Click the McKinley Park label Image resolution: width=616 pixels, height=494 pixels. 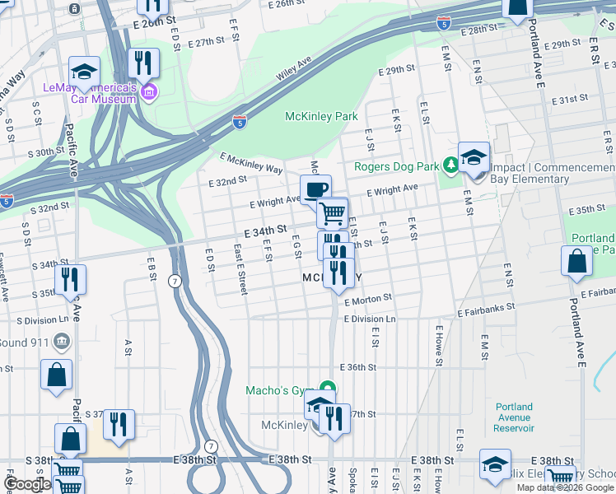[x=321, y=116]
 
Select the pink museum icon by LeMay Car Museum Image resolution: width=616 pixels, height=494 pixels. [x=148, y=90]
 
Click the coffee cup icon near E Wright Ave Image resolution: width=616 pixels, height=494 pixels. [x=315, y=190]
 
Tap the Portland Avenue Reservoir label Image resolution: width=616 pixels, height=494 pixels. [x=515, y=417]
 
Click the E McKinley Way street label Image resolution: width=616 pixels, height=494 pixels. [x=251, y=163]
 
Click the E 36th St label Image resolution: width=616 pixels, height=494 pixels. [x=357, y=367]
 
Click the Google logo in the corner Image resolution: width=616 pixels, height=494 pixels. [x=27, y=484]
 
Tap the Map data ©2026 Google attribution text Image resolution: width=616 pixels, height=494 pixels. [x=564, y=487]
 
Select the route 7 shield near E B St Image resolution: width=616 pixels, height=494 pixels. [x=175, y=281]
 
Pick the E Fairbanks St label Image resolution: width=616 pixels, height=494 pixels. [x=486, y=305]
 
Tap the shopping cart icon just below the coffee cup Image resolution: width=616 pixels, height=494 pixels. [x=333, y=212]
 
